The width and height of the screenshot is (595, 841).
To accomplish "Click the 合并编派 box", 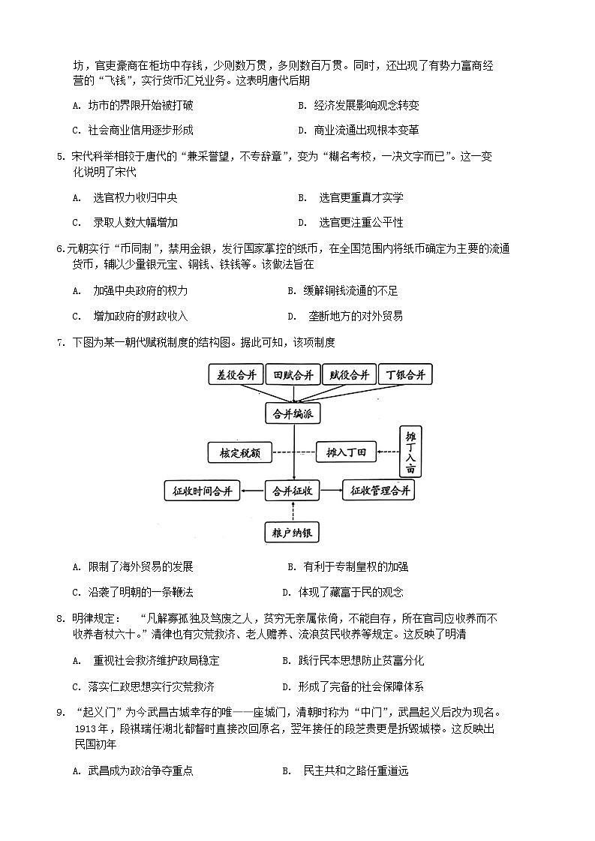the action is (293, 413).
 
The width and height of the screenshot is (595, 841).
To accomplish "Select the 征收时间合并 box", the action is (202, 491).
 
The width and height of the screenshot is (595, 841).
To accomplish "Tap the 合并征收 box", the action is (293, 491).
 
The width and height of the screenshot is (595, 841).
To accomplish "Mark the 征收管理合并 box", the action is (379, 491).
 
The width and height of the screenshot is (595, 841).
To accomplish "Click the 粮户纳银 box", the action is (293, 533).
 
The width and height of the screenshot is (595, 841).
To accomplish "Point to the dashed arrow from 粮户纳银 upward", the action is (293, 512).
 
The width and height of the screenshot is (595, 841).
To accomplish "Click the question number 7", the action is (59, 343).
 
